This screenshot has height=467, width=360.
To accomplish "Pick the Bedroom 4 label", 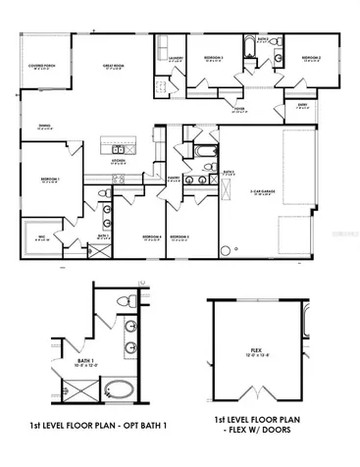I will click(x=150, y=236).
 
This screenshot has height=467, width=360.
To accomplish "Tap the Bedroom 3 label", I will click(x=179, y=236).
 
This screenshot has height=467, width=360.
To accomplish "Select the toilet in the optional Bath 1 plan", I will click(x=117, y=299).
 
